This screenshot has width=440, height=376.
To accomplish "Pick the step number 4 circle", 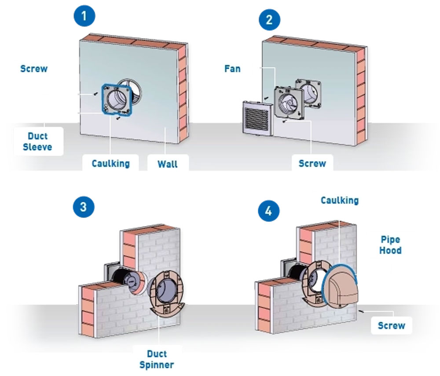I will pyautogui.click(x=269, y=210).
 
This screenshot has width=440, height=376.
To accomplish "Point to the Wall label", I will pyautogui.click(x=168, y=164).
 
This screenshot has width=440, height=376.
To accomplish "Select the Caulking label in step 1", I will pyautogui.click(x=111, y=163).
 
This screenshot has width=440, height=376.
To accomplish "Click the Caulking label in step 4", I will pyautogui.click(x=340, y=200).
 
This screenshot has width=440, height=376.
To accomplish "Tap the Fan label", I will pyautogui.click(x=232, y=69).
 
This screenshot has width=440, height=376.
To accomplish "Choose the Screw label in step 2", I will pyautogui.click(x=312, y=163).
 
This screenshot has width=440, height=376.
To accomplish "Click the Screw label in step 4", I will pyautogui.click(x=392, y=325).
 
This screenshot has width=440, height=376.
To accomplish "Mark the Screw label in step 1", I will pyautogui.click(x=34, y=69).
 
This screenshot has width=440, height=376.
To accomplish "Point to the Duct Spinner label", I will pyautogui.click(x=157, y=359).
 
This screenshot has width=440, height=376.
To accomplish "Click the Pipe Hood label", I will pyautogui.click(x=391, y=245).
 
